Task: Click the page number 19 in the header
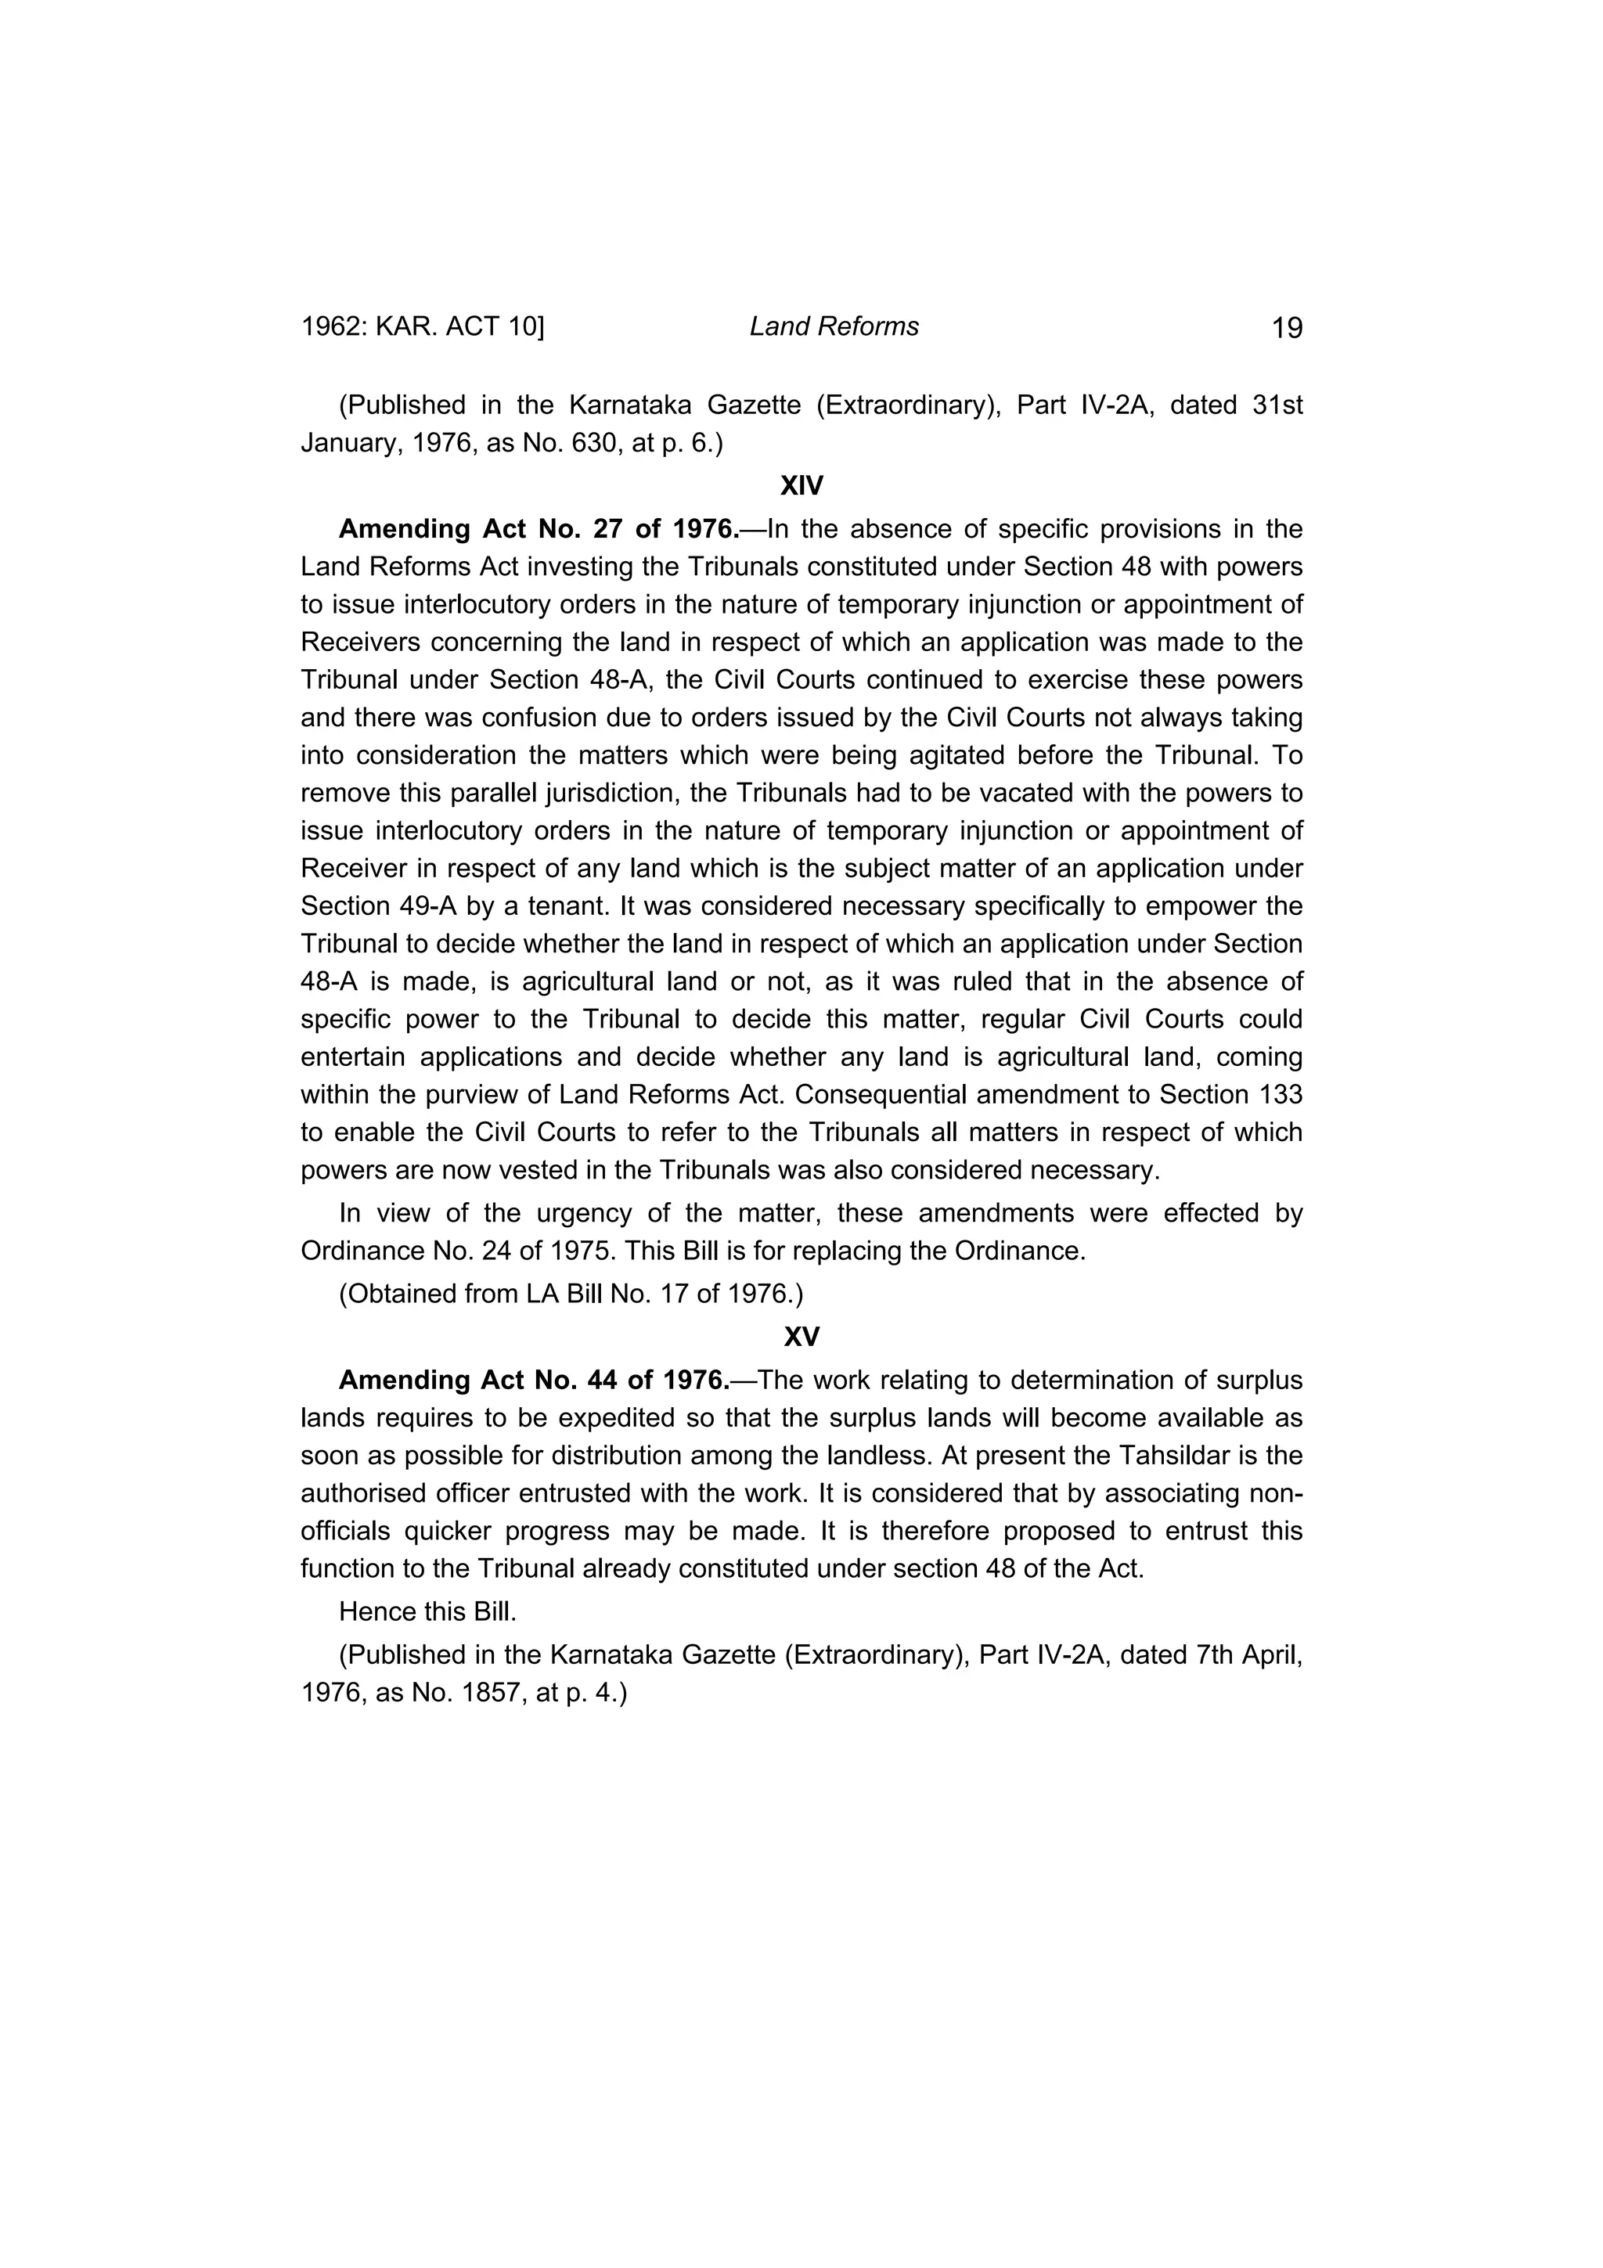1287,328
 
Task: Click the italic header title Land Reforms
834,327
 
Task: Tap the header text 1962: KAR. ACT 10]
423,327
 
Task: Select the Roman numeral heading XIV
801,486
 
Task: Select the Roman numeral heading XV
801,1337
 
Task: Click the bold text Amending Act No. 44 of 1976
533,1380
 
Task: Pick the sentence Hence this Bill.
427,1612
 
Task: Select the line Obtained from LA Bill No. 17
571,1293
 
